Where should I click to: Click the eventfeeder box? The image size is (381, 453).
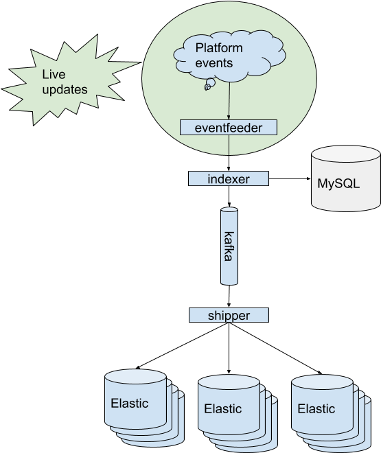point(229,128)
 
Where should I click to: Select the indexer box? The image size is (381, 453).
point(229,178)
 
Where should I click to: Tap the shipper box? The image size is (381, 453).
point(229,315)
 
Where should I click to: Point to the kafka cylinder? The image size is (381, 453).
point(229,246)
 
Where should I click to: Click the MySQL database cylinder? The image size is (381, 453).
point(346,178)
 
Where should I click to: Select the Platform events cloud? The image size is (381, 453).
point(230,55)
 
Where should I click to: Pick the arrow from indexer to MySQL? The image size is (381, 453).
point(290,178)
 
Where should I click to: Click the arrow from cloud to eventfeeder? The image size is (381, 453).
point(229,100)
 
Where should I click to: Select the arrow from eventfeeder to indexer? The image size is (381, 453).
point(229,153)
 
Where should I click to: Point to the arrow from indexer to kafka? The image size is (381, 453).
point(229,196)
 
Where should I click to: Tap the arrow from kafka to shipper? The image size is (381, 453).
point(229,297)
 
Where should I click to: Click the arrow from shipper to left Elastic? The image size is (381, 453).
point(182,345)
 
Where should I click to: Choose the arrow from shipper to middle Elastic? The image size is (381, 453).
point(229,348)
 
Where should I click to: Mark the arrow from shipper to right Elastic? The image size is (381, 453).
point(275,348)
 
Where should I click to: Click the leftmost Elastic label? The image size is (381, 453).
point(130,404)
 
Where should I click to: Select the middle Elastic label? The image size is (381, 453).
point(223,409)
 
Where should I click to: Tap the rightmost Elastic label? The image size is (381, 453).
point(316,409)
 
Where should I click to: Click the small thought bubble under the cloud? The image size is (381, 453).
point(209,84)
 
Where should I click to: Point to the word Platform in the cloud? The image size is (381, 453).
point(219,48)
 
